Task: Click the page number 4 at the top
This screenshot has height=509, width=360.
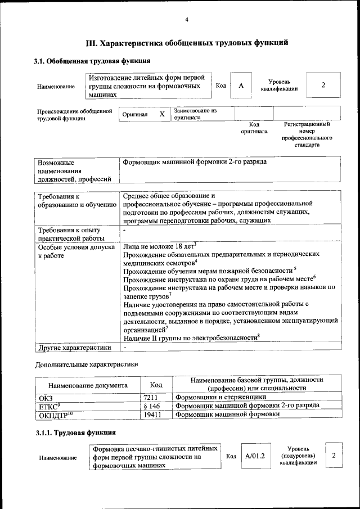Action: click(x=187, y=21)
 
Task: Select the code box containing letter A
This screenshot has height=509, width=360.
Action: click(x=241, y=85)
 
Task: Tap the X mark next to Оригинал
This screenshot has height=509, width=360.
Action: click(x=162, y=114)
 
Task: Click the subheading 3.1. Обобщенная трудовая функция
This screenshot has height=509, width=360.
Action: click(x=92, y=61)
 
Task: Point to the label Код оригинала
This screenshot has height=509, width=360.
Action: click(x=254, y=128)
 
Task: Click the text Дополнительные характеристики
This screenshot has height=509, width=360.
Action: click(x=87, y=364)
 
